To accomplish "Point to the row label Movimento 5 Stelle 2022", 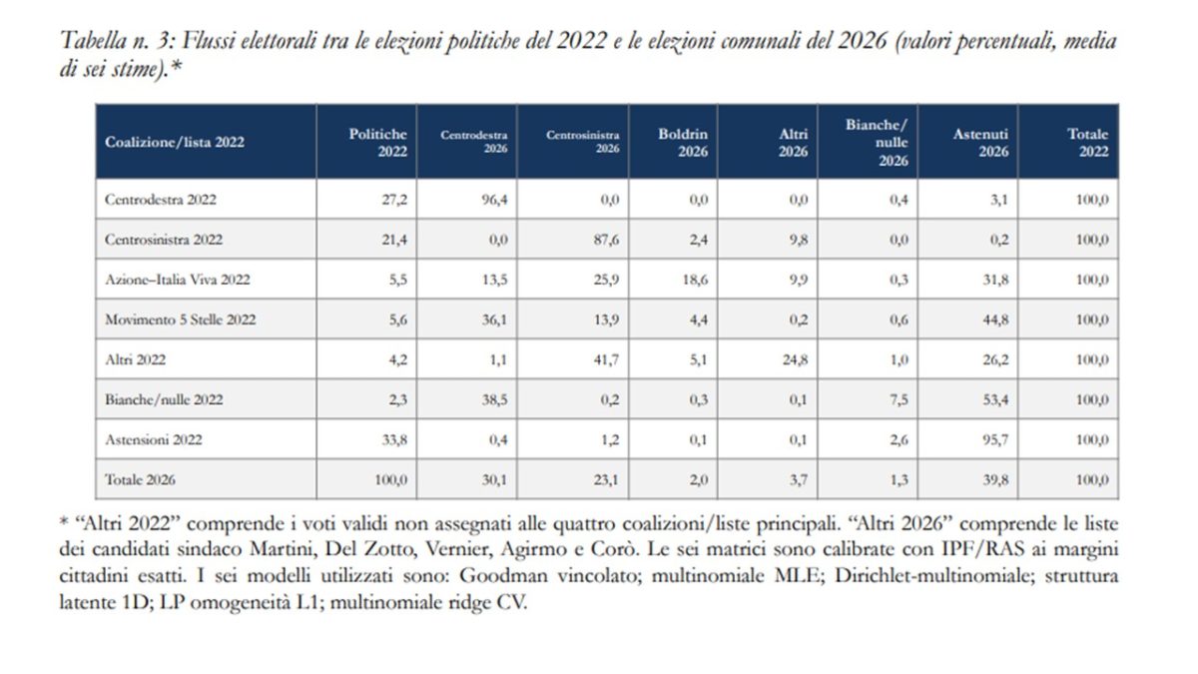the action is click(x=181, y=320).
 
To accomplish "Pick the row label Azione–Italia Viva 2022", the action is click(x=178, y=280).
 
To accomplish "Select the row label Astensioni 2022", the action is click(x=154, y=439).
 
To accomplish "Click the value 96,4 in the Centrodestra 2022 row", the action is click(x=495, y=200).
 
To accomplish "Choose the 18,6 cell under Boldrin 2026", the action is click(x=695, y=280).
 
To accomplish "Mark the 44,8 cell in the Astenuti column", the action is click(x=995, y=320).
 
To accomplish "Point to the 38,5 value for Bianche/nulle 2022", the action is click(x=495, y=400).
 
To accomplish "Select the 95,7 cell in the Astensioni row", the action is click(x=995, y=439).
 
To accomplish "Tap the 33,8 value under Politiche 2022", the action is click(x=394, y=439).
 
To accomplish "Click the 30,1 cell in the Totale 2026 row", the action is click(x=495, y=480).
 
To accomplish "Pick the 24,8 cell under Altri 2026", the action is click(x=796, y=360).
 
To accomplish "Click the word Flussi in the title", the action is click(x=209, y=41).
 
